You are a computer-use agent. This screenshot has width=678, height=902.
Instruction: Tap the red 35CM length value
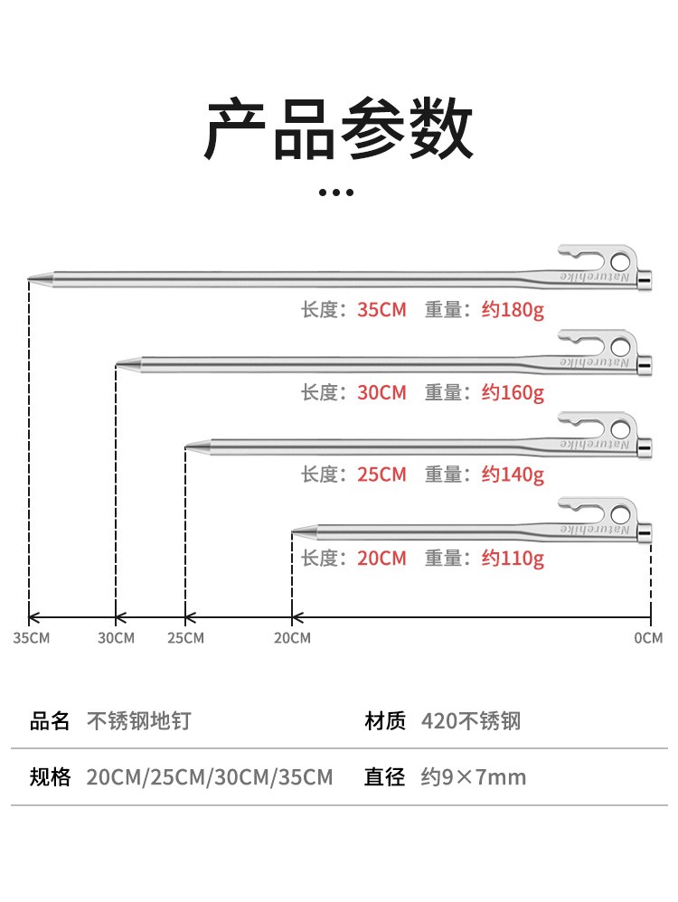coord(381,310)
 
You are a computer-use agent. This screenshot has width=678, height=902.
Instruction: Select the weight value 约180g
coord(513,310)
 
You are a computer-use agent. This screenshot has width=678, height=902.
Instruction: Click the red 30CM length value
coord(381,392)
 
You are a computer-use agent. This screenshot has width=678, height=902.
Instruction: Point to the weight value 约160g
coord(513,392)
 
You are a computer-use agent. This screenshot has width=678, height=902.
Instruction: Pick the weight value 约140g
coord(513,474)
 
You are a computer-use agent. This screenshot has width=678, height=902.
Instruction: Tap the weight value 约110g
coord(513,558)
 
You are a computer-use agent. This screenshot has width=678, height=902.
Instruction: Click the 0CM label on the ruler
coord(648,638)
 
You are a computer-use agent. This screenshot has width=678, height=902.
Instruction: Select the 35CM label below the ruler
coord(31,638)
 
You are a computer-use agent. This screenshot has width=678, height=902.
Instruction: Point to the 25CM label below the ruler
coord(185,638)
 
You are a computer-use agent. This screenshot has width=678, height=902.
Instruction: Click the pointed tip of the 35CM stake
coord(31,280)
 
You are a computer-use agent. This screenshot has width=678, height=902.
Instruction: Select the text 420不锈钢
coord(471,720)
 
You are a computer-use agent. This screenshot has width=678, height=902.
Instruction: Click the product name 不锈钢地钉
coord(138,720)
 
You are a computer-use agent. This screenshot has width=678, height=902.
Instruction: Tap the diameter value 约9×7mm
coord(474,776)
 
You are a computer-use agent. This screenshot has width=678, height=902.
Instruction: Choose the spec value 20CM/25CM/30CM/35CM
coord(210,776)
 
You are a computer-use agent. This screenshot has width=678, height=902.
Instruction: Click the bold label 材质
coord(384,720)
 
